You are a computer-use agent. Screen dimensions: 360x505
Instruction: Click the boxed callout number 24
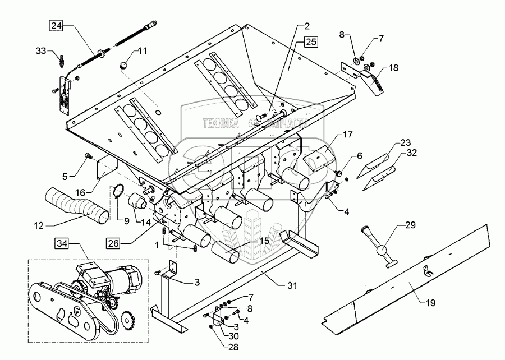[56, 25]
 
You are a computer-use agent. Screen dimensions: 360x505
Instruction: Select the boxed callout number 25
[312, 42]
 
